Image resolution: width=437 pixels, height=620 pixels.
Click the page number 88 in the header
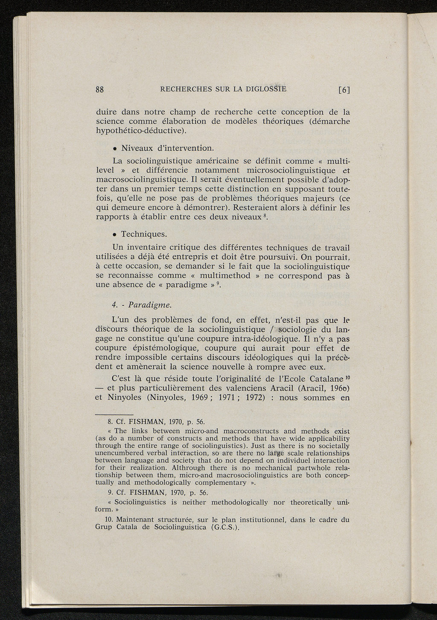click(x=100, y=90)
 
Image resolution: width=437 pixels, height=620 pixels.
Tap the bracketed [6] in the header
click(x=344, y=90)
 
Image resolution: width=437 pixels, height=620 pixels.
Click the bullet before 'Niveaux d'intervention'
click(x=115, y=149)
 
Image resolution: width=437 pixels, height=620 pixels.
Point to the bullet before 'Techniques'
click(x=115, y=235)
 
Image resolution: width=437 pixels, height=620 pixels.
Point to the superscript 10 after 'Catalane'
click(x=347, y=377)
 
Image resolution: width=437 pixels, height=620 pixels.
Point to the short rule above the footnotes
click(x=114, y=414)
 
